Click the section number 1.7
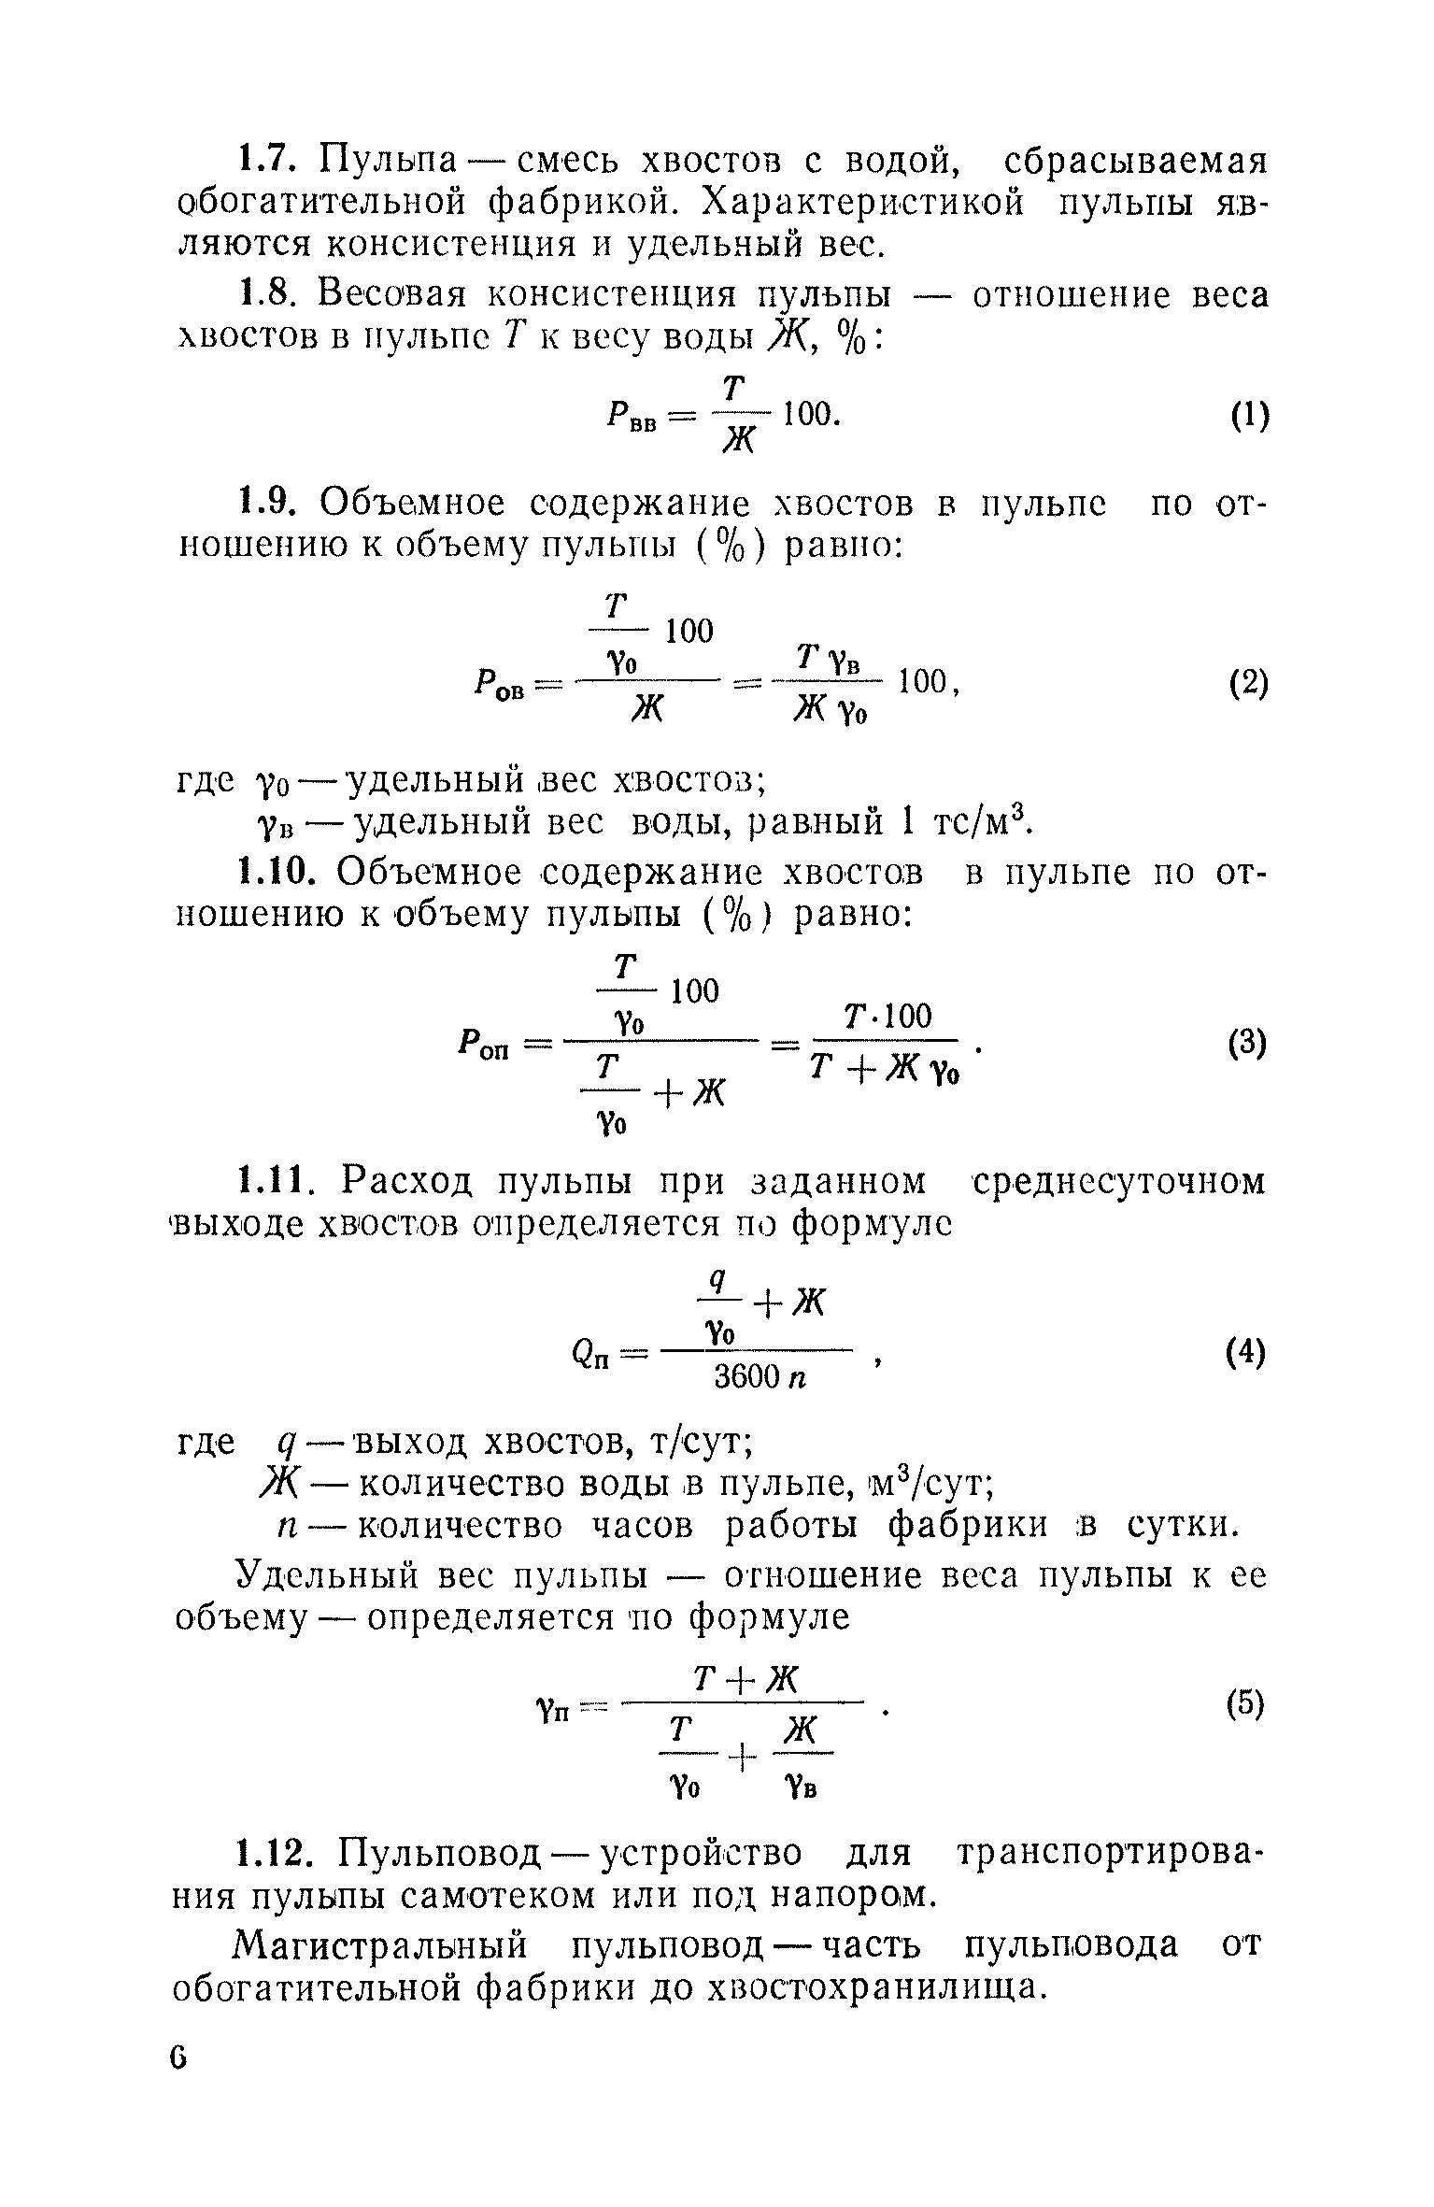coord(265,160)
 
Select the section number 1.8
coord(265,295)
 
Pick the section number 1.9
coord(265,505)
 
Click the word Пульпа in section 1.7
coord(389,161)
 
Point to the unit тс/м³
coord(981,822)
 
